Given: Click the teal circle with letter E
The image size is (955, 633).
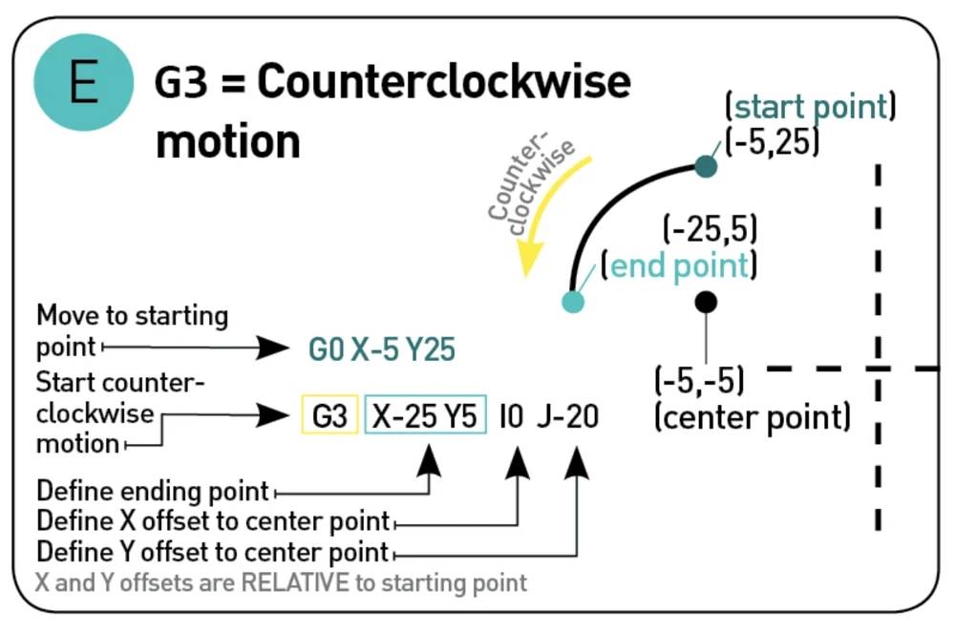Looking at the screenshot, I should (83, 83).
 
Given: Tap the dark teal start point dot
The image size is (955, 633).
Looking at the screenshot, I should (706, 166).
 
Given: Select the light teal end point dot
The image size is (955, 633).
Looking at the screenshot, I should (572, 302).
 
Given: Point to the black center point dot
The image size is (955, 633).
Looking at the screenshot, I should (706, 303).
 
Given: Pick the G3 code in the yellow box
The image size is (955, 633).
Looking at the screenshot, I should (329, 416).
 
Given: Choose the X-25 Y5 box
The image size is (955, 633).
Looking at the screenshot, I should (425, 416).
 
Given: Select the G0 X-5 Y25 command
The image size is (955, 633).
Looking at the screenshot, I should (381, 349).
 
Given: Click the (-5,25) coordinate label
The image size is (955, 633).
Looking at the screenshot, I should (773, 141).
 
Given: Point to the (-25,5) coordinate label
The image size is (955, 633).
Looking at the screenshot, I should (710, 229).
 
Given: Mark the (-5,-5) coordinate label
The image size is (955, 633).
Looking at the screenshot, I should (699, 380).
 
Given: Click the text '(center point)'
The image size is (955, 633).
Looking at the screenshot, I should (752, 417).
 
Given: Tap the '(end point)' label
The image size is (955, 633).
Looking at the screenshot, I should (679, 265).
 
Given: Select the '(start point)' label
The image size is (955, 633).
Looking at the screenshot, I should (810, 105).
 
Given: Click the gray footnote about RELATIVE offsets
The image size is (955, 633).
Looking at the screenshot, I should (281, 581).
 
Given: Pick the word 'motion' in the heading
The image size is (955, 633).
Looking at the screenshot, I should (228, 141).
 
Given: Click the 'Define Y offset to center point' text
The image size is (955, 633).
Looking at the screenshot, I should (212, 552).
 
